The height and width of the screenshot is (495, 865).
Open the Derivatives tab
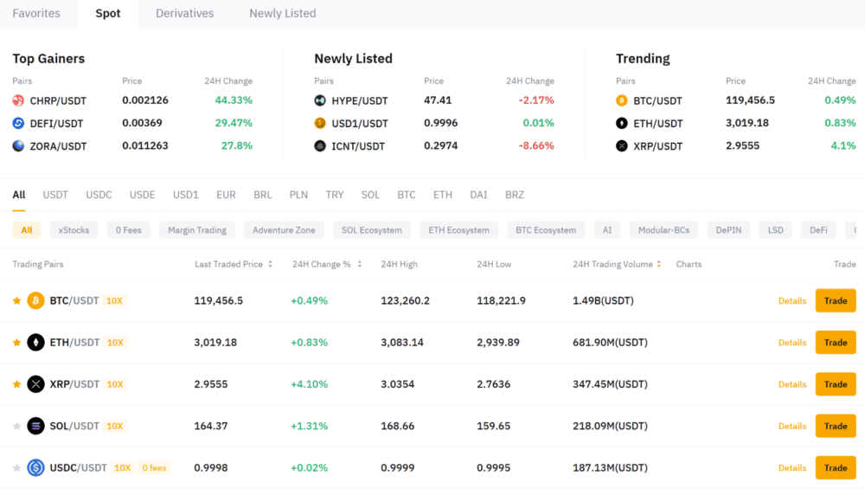coord(184,14)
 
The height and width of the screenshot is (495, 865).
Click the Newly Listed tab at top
coord(282,14)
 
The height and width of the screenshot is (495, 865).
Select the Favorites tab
coord(36,14)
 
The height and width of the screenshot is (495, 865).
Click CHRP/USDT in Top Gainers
coord(58,101)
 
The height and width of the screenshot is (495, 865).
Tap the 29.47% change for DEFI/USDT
coord(234,124)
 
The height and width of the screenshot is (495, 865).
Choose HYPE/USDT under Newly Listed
coord(360,101)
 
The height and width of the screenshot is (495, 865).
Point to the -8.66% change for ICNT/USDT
coord(536,146)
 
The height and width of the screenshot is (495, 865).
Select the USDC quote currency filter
coord(99,196)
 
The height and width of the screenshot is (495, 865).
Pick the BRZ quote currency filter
coord(515,196)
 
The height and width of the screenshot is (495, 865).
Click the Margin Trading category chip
coord(197,230)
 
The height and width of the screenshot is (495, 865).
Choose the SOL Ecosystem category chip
coord(371,230)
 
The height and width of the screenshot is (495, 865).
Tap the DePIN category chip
coord(728,230)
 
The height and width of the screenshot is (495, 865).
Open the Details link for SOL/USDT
coord(791,426)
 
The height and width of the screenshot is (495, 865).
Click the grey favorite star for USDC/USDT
coord(16,468)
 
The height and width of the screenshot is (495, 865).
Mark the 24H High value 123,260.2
coord(405,301)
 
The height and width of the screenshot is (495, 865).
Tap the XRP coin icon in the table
coord(35,384)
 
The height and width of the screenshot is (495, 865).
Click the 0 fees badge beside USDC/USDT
coord(154,468)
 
